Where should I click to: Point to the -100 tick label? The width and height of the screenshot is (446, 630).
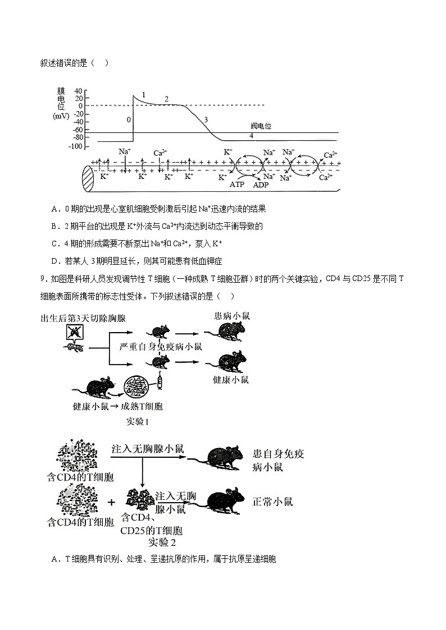[x=75, y=146]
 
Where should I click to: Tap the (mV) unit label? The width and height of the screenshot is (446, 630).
[x=61, y=116]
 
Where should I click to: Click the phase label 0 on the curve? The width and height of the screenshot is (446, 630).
[x=129, y=119]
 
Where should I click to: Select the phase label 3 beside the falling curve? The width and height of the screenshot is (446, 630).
[x=206, y=119]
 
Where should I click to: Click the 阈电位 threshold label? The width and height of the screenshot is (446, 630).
[x=261, y=126]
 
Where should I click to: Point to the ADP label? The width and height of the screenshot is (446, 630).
[x=261, y=185]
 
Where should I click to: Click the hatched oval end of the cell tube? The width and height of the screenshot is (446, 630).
[x=88, y=180]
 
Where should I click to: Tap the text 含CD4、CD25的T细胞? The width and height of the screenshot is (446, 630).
[x=151, y=523]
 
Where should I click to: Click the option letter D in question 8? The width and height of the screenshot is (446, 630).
[x=55, y=261]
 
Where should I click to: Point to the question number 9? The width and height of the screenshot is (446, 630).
[x=43, y=281]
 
